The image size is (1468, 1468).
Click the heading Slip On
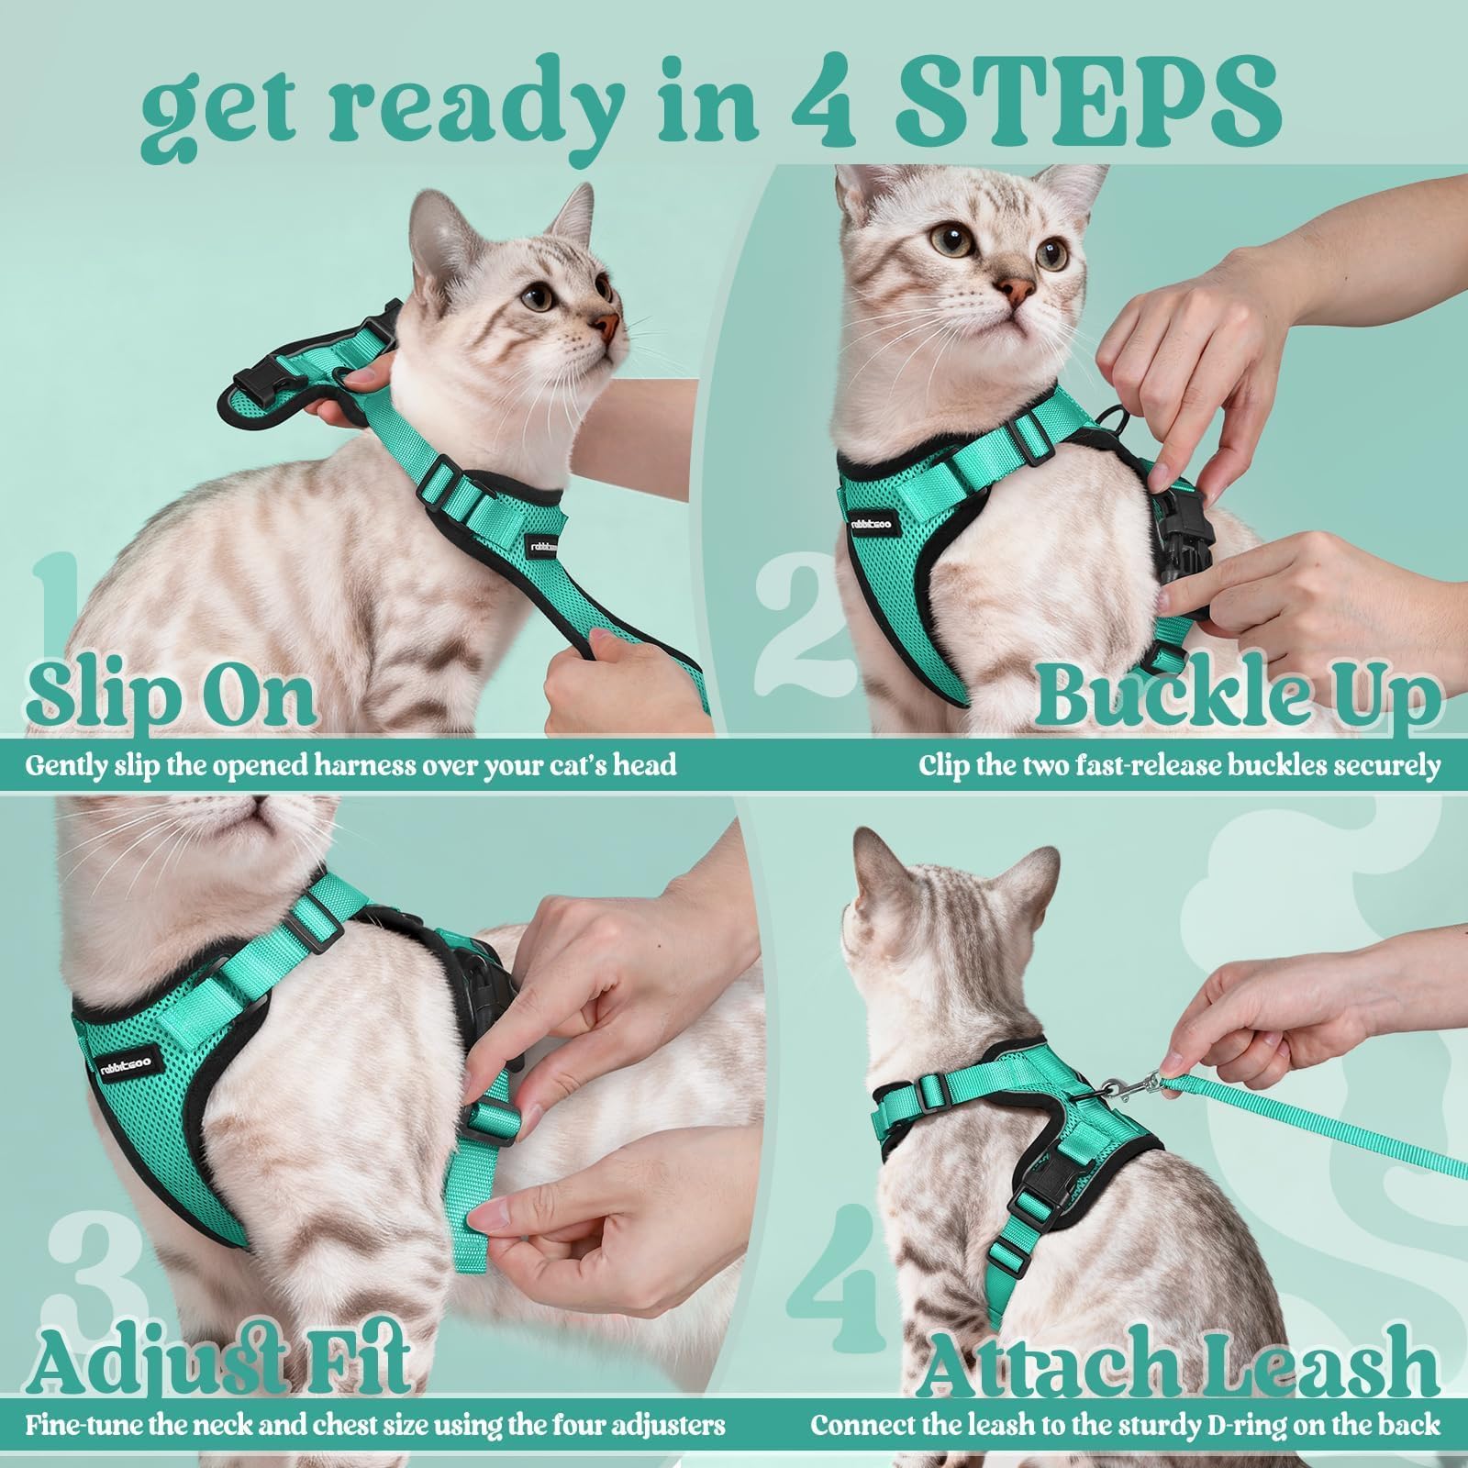tap(171, 695)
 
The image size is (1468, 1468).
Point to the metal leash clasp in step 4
tap(1136, 1089)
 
